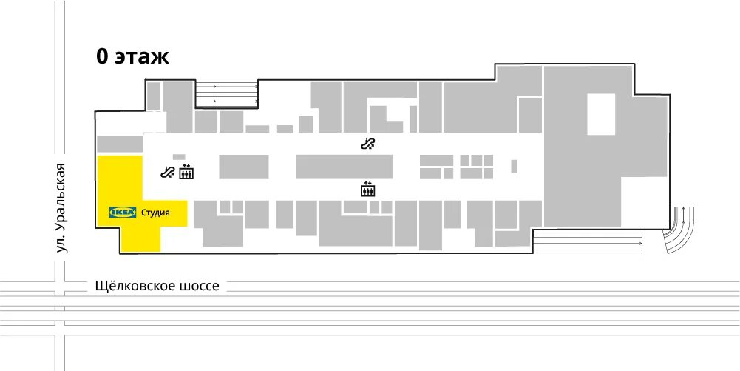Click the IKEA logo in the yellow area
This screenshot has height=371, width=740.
click(x=123, y=213)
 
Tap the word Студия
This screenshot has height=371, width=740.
click(x=155, y=213)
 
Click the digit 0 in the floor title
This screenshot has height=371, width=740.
click(x=103, y=57)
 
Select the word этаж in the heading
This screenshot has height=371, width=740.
click(x=142, y=57)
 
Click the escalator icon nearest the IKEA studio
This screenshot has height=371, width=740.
click(x=168, y=173)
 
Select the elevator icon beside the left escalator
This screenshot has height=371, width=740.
click(x=186, y=172)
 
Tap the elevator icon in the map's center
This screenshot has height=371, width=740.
click(x=367, y=189)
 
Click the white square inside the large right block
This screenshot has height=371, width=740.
click(x=600, y=114)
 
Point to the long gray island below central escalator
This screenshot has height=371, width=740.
click(x=344, y=167)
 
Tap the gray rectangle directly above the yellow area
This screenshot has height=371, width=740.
click(x=120, y=144)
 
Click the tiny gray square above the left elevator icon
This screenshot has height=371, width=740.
click(x=178, y=156)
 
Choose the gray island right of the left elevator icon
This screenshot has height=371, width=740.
click(x=244, y=167)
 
